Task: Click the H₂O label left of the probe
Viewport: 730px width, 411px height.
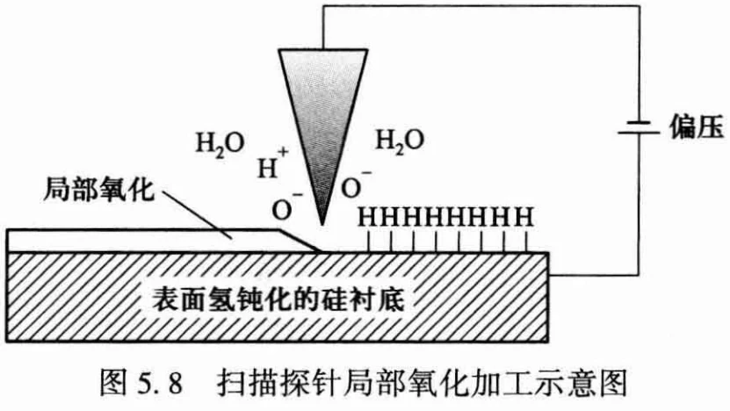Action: [x=220, y=145]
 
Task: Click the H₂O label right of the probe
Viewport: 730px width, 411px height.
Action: [x=400, y=141]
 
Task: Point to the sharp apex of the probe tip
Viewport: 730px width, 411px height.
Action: [x=322, y=224]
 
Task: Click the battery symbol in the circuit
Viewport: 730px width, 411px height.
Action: [x=639, y=127]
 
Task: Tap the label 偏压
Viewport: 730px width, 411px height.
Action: [x=697, y=126]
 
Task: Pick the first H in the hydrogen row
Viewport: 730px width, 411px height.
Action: [x=368, y=217]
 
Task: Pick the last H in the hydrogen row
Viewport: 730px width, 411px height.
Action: [x=525, y=217]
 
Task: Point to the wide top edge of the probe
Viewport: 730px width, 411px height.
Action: [x=323, y=50]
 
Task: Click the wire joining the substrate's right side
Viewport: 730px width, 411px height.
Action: [x=594, y=275]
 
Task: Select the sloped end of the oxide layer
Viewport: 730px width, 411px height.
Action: [x=300, y=241]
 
